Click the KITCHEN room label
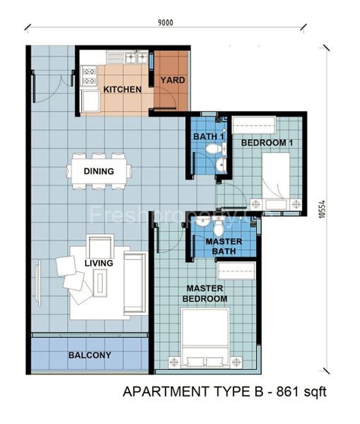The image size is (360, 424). pyautogui.click(x=122, y=90)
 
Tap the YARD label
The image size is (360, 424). pyautogui.click(x=172, y=80)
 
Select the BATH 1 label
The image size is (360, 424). pyautogui.click(x=205, y=136)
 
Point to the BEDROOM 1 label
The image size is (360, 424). pyautogui.click(x=267, y=143)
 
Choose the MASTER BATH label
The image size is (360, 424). pyautogui.click(x=223, y=247)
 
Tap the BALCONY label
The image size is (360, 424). pyautogui.click(x=89, y=355)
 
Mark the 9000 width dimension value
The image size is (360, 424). pyautogui.click(x=166, y=23)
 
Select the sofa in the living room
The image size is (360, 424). pyautogui.click(x=134, y=283)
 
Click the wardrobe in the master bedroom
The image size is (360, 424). pyautogui.click(x=236, y=270)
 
